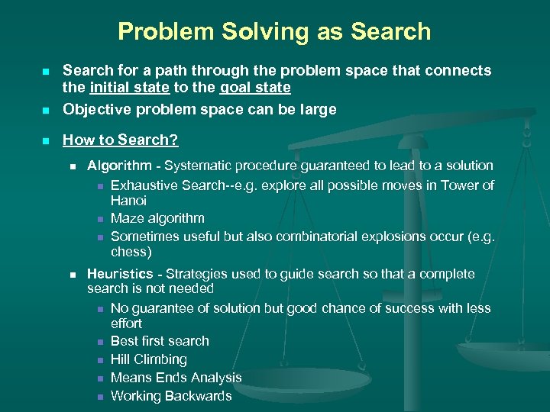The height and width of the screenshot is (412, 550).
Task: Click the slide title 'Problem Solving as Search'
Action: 274,31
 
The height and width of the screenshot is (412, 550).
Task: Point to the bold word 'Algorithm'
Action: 119,166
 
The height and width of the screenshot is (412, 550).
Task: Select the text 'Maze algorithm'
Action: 157,218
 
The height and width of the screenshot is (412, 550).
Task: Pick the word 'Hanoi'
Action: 128,200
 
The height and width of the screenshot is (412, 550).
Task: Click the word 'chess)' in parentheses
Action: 131,252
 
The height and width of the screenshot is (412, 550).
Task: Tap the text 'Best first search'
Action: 160,341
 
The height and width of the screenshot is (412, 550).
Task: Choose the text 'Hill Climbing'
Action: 149,359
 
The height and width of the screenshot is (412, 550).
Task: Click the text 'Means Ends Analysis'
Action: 176,378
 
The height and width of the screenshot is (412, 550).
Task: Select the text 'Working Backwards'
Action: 171,396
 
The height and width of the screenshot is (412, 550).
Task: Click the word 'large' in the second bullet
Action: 318,109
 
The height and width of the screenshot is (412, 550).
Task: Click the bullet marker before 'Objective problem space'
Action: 45,110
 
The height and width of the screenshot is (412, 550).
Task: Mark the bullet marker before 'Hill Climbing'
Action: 100,360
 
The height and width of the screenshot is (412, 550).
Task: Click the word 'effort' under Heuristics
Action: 126,323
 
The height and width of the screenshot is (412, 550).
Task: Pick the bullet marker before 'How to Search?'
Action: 45,140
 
